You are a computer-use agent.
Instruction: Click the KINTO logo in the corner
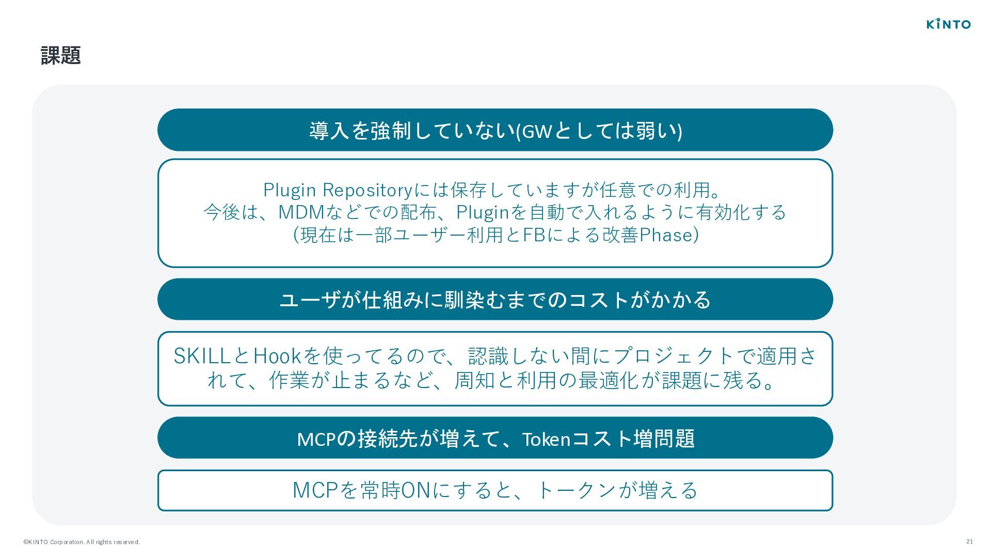[948, 24]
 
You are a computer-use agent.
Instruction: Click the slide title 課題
[60, 55]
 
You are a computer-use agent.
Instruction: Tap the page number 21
[969, 541]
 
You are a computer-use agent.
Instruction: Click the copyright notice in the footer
[81, 542]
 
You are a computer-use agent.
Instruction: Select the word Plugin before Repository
[290, 190]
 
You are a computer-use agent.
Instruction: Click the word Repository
[367, 190]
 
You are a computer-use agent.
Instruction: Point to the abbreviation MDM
[301, 212]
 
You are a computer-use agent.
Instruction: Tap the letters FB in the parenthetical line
[534, 235]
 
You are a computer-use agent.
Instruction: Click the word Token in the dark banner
[546, 439]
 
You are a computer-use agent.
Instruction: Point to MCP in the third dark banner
[316, 439]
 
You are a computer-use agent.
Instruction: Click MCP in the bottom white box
[315, 490]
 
